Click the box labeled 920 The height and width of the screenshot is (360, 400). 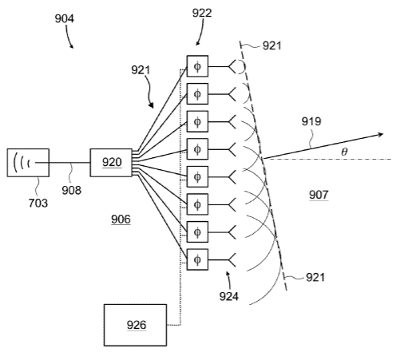(x=111, y=163)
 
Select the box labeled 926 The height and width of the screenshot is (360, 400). (x=135, y=325)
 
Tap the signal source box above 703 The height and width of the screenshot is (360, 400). (x=28, y=163)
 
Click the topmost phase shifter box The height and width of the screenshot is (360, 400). (x=197, y=66)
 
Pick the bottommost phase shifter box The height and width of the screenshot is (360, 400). (x=197, y=259)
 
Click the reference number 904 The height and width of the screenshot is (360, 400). (x=65, y=18)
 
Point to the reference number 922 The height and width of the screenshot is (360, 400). (x=202, y=13)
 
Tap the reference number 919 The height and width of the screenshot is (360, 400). (x=311, y=121)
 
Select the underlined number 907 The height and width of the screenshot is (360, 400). (x=319, y=195)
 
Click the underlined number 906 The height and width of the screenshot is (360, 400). (x=121, y=220)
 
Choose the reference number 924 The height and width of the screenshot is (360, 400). (x=229, y=296)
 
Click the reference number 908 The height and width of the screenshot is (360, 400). (x=72, y=190)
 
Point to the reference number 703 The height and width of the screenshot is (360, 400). (x=38, y=203)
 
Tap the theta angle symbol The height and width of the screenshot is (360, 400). (x=344, y=152)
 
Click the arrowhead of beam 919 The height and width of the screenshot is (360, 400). (x=381, y=135)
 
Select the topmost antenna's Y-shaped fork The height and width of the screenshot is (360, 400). (x=232, y=66)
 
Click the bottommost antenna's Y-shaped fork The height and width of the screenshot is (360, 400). (x=232, y=259)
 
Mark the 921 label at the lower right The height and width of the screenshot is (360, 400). (x=315, y=277)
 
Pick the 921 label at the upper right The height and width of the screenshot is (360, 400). (x=271, y=45)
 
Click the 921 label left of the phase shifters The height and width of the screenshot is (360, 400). (x=141, y=70)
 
